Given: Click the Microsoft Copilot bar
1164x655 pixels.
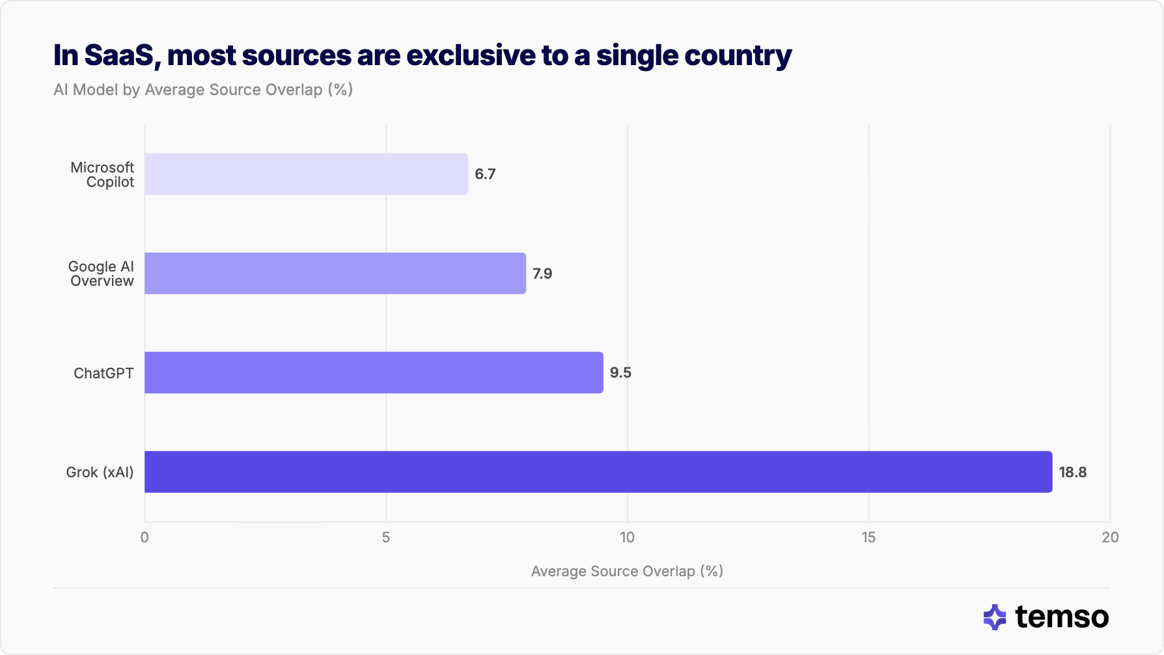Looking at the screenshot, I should point(306,174).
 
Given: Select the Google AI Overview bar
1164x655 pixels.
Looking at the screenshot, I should point(335,273).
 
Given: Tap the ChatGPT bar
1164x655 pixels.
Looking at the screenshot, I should point(374,372).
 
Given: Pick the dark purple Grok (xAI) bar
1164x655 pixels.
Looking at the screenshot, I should point(598,472).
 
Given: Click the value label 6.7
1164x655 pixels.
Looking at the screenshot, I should point(485,174).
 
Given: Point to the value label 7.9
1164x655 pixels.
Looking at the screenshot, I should point(542,273).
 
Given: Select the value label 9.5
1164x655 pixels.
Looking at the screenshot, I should point(620,372).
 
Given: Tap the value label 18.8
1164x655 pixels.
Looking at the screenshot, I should point(1072,472).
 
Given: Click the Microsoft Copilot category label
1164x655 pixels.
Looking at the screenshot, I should point(102,175).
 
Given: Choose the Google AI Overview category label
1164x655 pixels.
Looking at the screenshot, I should point(102,274).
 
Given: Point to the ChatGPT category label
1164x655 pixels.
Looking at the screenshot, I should point(104,373).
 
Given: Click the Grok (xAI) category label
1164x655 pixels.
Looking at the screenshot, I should point(100,472).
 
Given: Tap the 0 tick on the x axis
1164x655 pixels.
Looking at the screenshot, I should point(145,537).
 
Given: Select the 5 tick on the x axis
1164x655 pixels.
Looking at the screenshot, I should point(386,537).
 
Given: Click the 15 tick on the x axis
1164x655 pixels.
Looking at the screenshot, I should point(868,537).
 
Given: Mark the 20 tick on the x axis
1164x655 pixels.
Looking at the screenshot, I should point(1110,537).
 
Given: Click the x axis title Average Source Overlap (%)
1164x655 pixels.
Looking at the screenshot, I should point(627,571).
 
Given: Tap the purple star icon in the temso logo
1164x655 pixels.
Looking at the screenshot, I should point(995,617).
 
